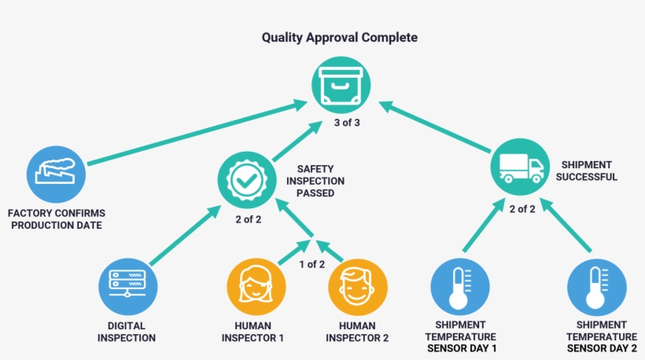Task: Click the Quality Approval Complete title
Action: coord(340,38)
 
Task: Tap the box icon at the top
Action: coord(341,85)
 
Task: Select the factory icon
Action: coord(56,174)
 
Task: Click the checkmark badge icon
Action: coord(247,180)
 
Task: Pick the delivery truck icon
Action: coord(520,167)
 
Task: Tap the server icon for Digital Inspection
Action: coord(127,286)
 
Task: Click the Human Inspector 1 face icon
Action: coord(256,286)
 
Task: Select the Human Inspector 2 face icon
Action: coord(357,287)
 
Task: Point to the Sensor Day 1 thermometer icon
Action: coord(460,287)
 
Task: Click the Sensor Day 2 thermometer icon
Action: coord(596,287)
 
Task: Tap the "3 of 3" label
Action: coord(347,123)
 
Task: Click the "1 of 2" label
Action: coord(311,264)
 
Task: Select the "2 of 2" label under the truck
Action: coord(522,209)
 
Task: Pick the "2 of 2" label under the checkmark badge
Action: coord(248,219)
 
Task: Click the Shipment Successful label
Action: coord(586,171)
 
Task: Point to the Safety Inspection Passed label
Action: coord(315,181)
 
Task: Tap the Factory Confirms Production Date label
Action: coord(57,219)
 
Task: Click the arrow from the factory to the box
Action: coord(197,132)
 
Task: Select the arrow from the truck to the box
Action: coord(434,127)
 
